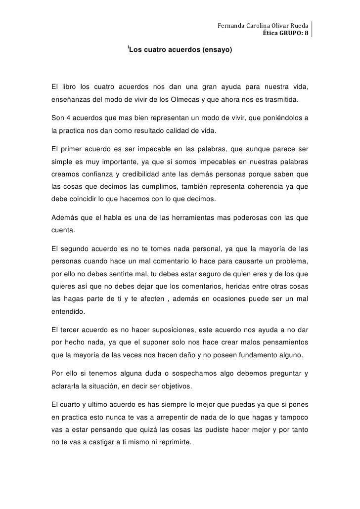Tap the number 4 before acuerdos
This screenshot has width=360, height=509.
[x=67, y=119]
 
